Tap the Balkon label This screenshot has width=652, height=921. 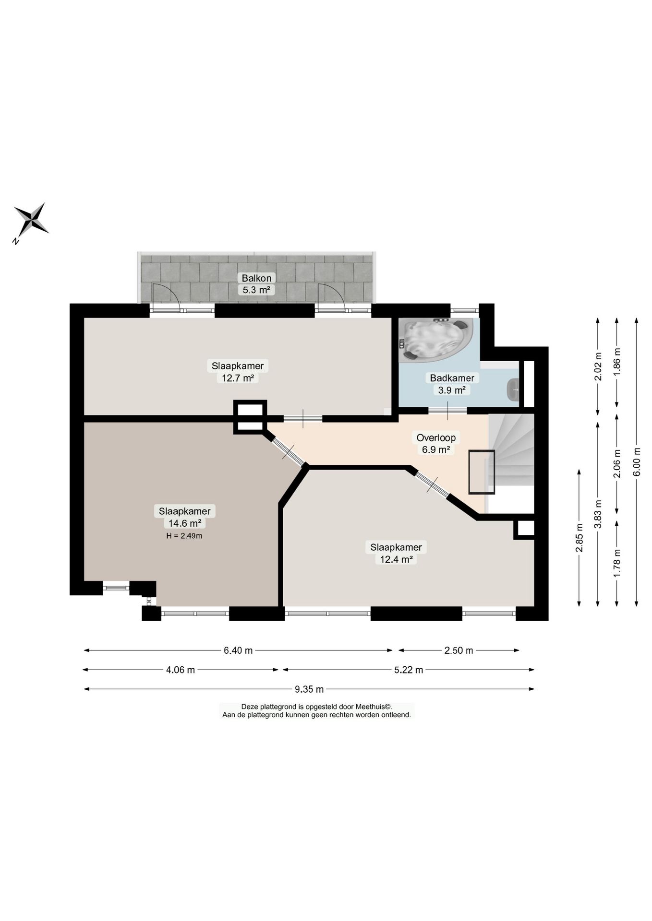pyautogui.click(x=256, y=278)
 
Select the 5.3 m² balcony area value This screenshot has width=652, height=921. pyautogui.click(x=256, y=290)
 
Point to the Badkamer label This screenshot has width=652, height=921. pyautogui.click(x=452, y=378)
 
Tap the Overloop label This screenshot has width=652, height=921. pyautogui.click(x=436, y=437)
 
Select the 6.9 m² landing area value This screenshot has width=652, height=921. pyautogui.click(x=436, y=449)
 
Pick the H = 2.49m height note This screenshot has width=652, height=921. pyautogui.click(x=184, y=536)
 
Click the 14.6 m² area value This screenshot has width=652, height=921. pyautogui.click(x=184, y=523)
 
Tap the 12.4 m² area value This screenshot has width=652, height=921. pyautogui.click(x=396, y=559)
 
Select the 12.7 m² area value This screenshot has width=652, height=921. pyautogui.click(x=238, y=378)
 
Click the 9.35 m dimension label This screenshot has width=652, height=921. pyautogui.click(x=309, y=689)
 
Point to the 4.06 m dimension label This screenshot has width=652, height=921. pyautogui.click(x=181, y=670)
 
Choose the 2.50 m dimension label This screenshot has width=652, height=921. pyautogui.click(x=459, y=650)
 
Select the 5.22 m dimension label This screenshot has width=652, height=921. pyautogui.click(x=409, y=670)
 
